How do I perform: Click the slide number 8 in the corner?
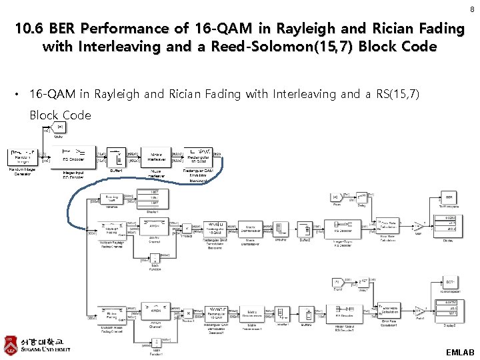[x=472, y=9]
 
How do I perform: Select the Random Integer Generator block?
[x=23, y=156]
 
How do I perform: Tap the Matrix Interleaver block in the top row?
[x=156, y=157]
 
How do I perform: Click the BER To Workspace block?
[x=450, y=198]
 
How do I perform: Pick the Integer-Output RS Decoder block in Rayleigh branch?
[x=345, y=228]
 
